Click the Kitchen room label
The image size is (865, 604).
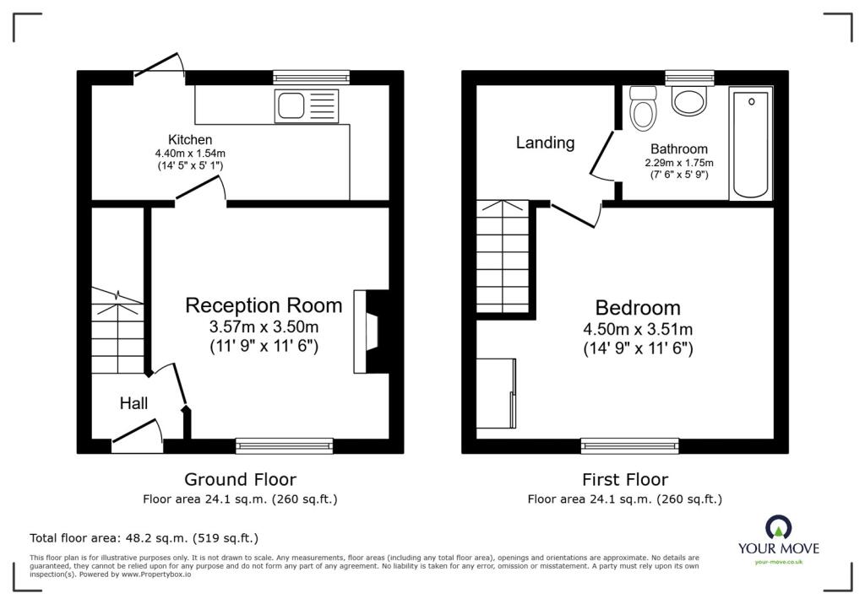click(x=190, y=140)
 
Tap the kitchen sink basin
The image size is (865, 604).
click(x=291, y=105)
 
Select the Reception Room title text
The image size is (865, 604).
click(x=264, y=305)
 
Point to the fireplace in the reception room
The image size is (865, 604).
click(x=371, y=332)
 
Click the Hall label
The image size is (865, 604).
click(x=133, y=403)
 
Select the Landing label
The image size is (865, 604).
click(x=545, y=143)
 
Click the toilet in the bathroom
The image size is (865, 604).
click(x=643, y=108)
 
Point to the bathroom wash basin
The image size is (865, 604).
click(x=689, y=101)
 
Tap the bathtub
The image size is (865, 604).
click(x=751, y=143)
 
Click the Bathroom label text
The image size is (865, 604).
click(x=679, y=148)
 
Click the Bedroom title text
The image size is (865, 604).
click(x=638, y=308)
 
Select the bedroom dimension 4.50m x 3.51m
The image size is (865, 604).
click(x=638, y=330)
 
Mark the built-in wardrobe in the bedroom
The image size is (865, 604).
click(x=497, y=393)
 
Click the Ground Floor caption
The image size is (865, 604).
click(x=240, y=479)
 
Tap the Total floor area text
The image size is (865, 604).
click(x=144, y=538)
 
